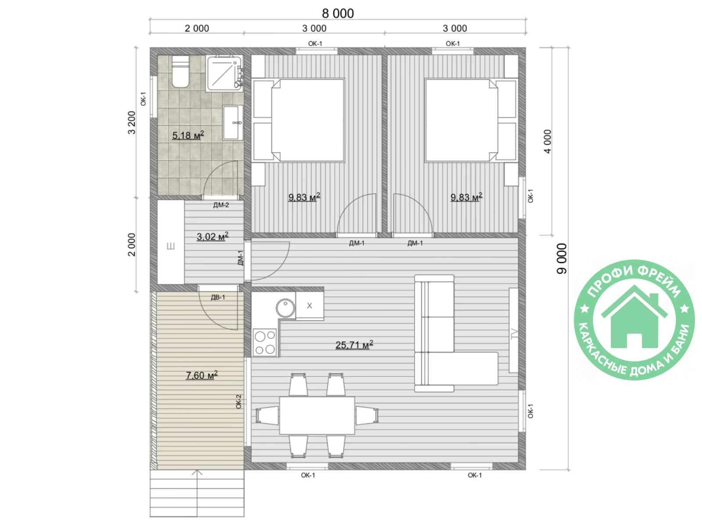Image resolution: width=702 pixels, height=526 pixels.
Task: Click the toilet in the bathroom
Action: (x=180, y=71)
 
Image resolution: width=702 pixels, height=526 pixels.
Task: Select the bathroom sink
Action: (x=233, y=123)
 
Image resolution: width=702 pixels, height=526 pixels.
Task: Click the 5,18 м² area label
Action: (x=188, y=135)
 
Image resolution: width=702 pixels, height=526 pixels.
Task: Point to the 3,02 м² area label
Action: (x=212, y=237)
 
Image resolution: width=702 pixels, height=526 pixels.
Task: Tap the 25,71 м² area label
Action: (x=354, y=345)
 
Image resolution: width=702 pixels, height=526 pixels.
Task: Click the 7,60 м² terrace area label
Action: (x=201, y=375)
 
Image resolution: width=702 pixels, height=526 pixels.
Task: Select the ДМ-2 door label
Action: (x=221, y=205)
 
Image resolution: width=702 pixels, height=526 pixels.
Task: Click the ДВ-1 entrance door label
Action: (x=218, y=297)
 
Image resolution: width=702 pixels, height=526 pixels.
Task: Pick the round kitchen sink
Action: (x=285, y=308)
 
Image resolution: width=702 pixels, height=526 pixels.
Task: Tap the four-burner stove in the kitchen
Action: (x=265, y=342)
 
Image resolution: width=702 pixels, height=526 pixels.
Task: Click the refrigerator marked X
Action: (x=309, y=306)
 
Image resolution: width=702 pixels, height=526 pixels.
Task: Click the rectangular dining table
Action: (x=317, y=415)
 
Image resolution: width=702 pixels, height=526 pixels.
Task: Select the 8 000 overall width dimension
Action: (x=338, y=14)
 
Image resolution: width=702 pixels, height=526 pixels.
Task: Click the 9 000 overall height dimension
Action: (x=562, y=258)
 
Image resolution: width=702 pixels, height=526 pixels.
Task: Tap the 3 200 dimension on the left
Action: (x=132, y=122)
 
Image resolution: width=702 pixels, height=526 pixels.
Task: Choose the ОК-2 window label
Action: (x=238, y=402)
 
